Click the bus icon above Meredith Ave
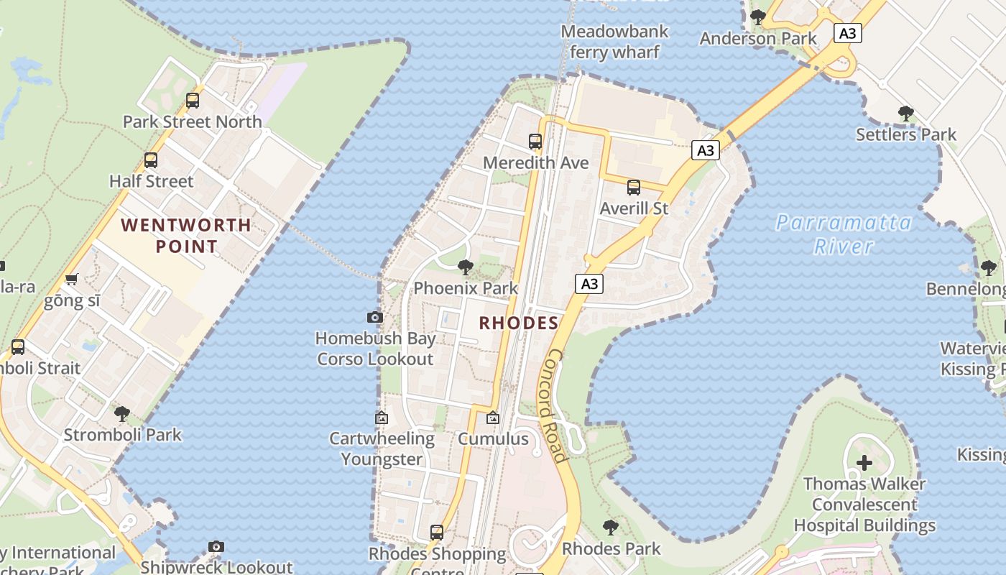point(535,142)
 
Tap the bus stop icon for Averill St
point(633,188)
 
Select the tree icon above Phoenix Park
point(465,268)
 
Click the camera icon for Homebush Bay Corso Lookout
point(374,317)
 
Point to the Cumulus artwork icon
point(493,418)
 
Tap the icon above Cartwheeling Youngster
point(382,418)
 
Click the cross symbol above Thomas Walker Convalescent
point(864,463)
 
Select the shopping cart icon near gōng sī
point(71,279)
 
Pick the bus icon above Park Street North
point(192,101)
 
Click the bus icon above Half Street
point(150,160)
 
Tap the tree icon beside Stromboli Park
point(122,414)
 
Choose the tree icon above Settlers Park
point(905,114)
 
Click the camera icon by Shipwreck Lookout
point(216,547)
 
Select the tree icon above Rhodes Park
point(610,528)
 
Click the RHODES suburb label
point(519,323)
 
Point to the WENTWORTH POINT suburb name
point(186,236)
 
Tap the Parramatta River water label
point(844,234)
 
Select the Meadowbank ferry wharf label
point(614,42)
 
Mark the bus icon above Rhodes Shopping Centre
point(436,533)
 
